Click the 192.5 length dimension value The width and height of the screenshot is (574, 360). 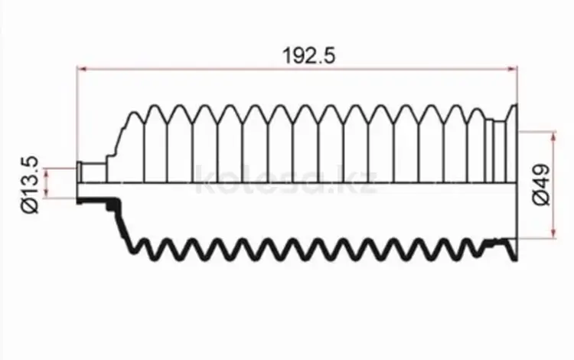point(309,56)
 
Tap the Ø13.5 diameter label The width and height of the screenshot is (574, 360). point(30,185)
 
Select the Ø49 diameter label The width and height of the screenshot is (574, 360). point(541,185)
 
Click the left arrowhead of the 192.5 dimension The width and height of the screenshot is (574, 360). point(82,69)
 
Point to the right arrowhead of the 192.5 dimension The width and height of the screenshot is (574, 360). point(513,69)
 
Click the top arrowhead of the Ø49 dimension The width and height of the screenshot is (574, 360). point(553,137)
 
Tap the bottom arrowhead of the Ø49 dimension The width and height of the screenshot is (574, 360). point(553,234)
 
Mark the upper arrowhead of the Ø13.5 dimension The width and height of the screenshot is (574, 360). point(47,173)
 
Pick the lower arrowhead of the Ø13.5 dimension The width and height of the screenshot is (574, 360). point(47,193)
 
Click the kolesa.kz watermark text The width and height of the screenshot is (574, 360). point(286,179)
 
